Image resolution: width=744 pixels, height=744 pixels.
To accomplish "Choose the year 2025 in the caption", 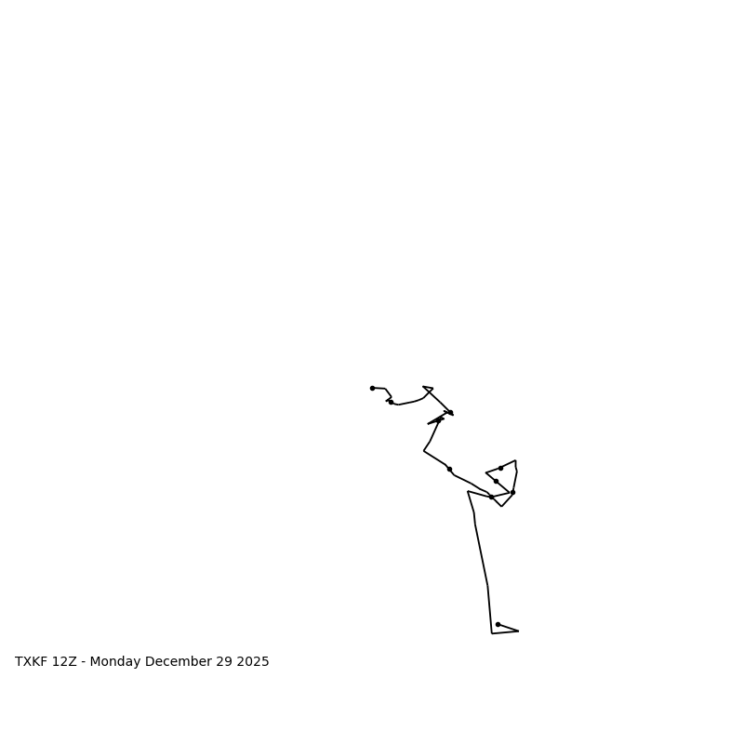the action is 253,662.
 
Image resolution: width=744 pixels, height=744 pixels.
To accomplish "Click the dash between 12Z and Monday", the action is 85,662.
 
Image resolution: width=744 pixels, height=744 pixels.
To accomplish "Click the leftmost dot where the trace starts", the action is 372,388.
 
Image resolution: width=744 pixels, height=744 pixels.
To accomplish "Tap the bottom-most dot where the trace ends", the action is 498,624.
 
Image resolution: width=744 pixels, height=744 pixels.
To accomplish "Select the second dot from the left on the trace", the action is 391,402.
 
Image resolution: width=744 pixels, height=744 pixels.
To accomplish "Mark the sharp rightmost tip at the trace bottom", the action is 518,631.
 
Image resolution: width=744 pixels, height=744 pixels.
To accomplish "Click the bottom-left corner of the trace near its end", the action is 492,633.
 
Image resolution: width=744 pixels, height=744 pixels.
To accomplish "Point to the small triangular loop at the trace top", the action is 428,389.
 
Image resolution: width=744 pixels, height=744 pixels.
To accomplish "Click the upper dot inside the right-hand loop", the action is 500,468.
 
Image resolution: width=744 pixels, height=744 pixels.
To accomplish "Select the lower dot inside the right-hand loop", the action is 496,481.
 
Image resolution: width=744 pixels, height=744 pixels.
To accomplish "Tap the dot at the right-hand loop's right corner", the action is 512,492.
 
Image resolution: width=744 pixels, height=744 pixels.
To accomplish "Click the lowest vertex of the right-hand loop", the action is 502,506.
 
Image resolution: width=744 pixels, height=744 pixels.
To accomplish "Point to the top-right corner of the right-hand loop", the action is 515,460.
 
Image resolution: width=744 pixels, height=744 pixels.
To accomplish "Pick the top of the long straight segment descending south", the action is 468,491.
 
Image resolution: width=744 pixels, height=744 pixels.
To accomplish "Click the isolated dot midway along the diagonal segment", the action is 449,469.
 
